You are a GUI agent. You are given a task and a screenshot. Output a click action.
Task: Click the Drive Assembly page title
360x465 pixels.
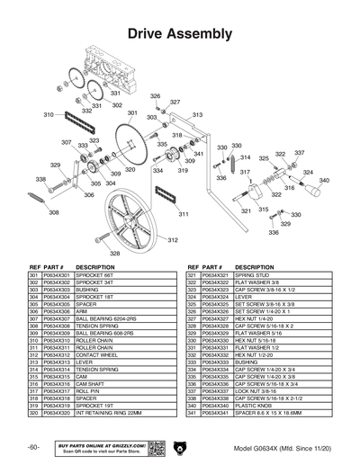(x=180, y=33)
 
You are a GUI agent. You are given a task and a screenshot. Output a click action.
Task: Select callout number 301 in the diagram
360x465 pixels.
(x=132, y=114)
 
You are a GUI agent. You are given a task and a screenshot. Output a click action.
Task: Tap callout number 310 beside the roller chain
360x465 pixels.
(x=49, y=115)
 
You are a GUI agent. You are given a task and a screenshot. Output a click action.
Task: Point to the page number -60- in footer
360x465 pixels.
(x=32, y=447)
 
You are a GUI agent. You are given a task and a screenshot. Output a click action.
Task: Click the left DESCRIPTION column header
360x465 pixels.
(x=94, y=267)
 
